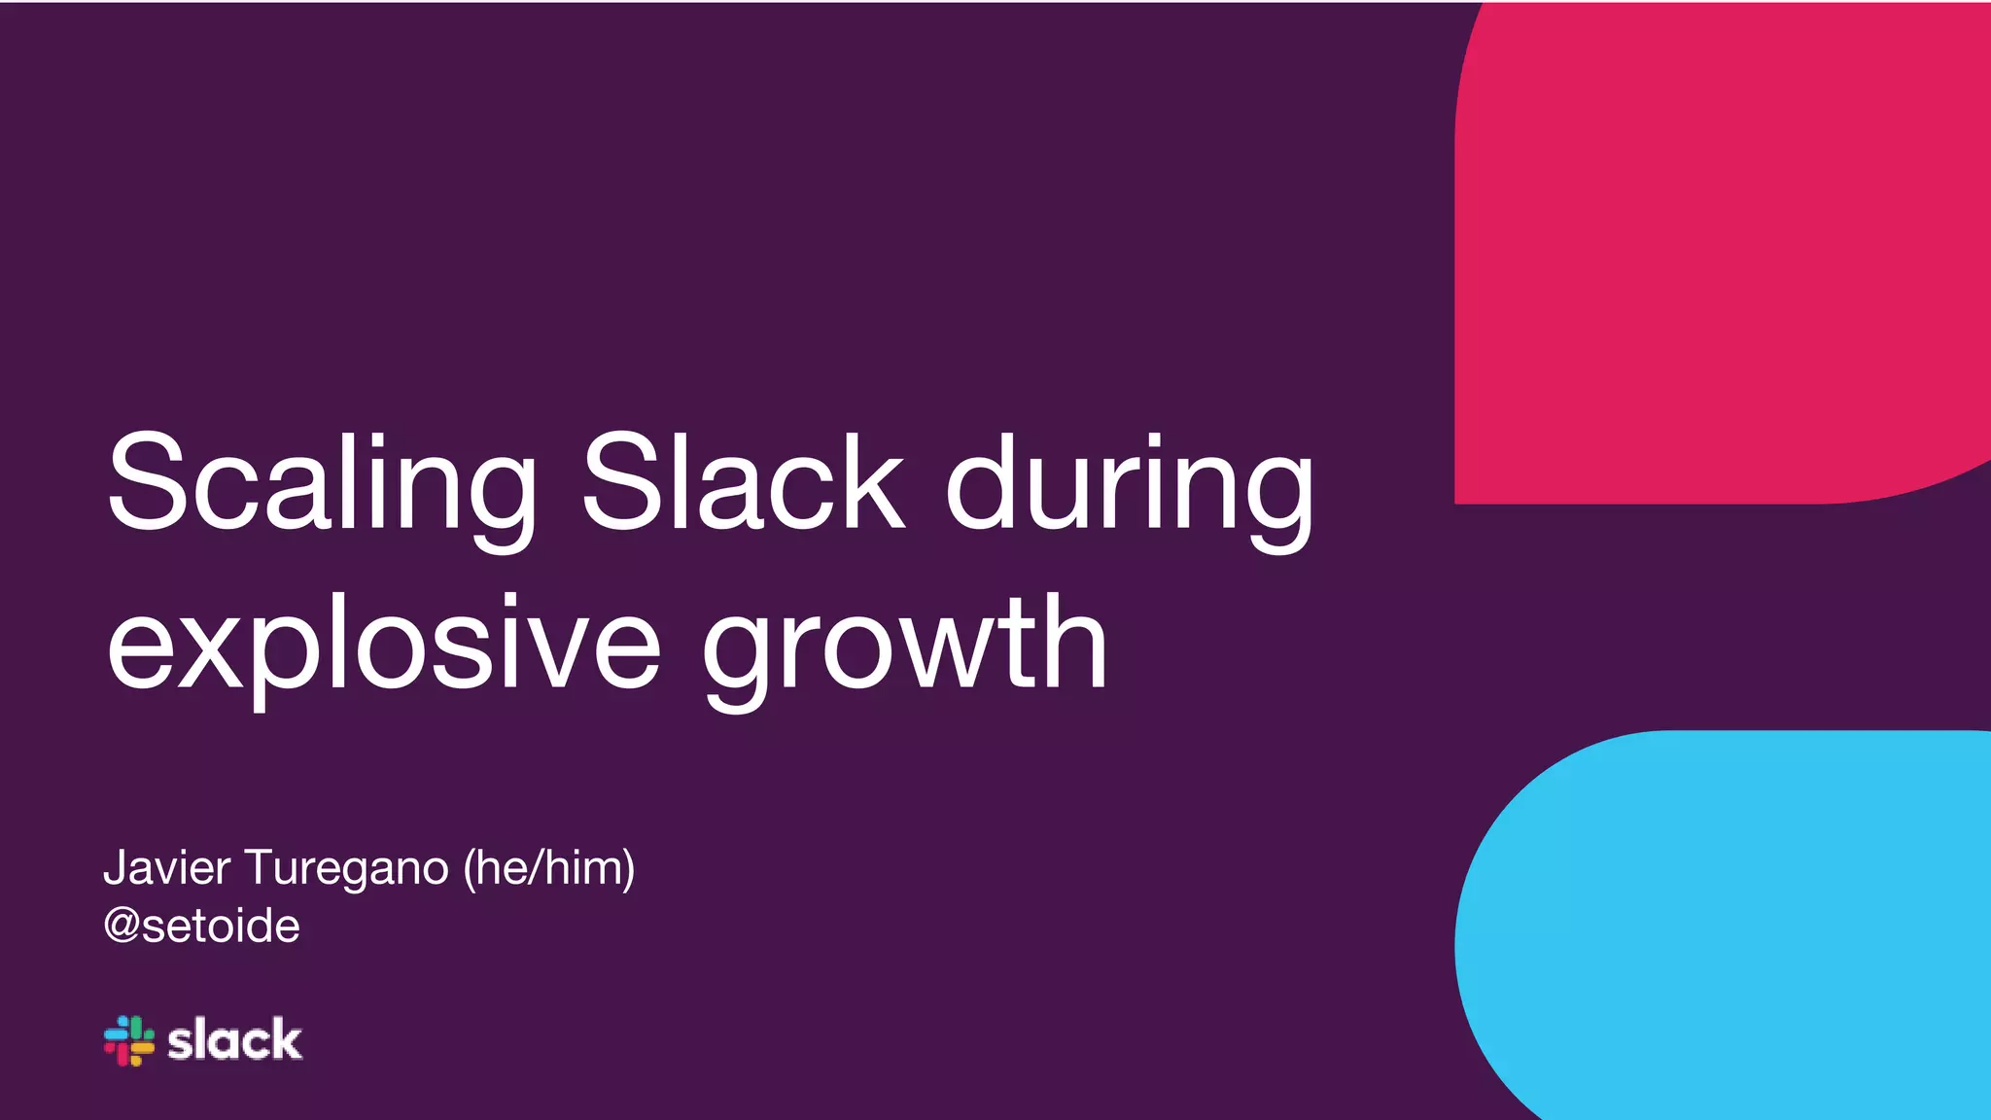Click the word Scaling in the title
[321, 483]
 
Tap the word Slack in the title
[743, 483]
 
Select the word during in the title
[1130, 483]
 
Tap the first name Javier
[166, 867]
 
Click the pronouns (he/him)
[549, 867]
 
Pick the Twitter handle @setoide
[201, 926]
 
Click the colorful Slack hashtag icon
[129, 1041]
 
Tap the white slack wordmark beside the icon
[234, 1041]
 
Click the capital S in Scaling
[147, 483]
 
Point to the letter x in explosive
[210, 647]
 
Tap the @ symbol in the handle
[122, 926]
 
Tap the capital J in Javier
[114, 867]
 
